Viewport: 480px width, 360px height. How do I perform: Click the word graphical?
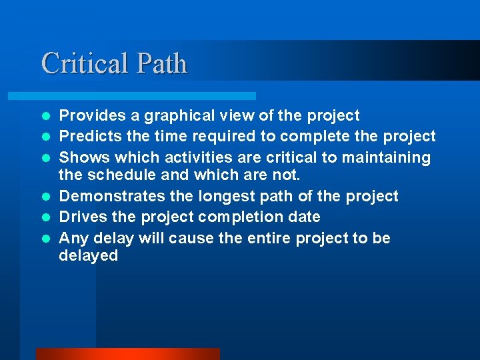[179, 116]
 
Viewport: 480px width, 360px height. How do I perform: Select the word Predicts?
[87, 137]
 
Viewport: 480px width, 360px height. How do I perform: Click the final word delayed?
[88, 256]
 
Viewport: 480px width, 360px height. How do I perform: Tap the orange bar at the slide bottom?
[127, 353]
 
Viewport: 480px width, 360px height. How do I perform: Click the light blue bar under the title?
[147, 96]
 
